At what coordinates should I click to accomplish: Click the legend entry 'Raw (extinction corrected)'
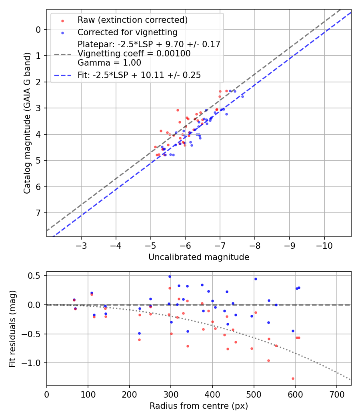point(132,20)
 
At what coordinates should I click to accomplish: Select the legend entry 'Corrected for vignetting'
point(127,32)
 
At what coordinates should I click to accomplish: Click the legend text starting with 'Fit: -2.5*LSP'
point(139,75)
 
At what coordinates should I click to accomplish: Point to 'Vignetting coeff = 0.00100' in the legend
point(134,54)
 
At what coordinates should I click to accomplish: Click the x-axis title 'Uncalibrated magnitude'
point(199,257)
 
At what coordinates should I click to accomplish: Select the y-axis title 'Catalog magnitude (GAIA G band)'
point(27,131)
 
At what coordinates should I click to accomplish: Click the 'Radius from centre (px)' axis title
point(199,406)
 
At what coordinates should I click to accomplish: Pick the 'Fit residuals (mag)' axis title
point(12,328)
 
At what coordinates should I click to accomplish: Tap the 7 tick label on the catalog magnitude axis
point(38,213)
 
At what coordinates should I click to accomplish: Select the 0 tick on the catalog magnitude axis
point(38,30)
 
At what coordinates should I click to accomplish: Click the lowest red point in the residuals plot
point(293,378)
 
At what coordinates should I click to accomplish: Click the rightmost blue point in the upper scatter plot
point(242,96)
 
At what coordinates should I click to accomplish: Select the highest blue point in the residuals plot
point(170,276)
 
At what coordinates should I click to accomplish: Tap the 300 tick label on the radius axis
point(171,394)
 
